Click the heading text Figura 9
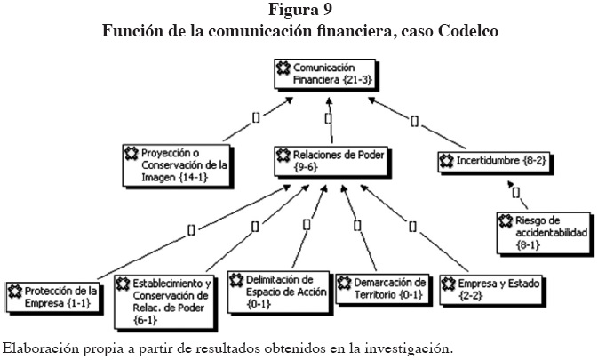299,11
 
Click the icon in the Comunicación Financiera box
283,68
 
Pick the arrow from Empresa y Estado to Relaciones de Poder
414,227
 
